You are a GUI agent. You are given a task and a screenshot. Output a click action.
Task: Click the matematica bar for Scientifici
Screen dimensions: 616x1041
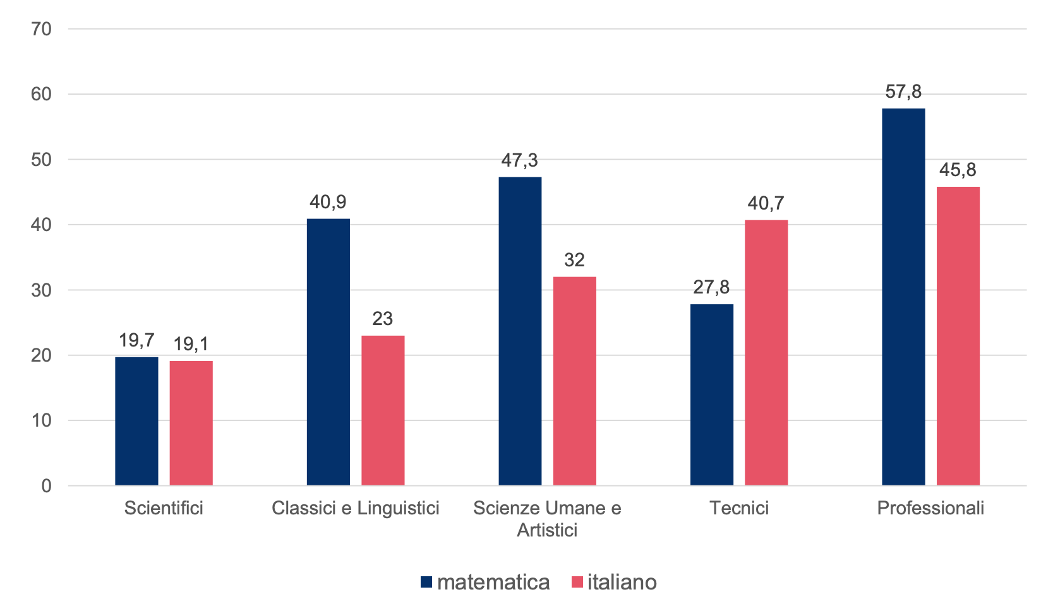(x=136, y=421)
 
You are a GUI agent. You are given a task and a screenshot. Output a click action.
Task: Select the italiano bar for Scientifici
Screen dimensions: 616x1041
(x=191, y=423)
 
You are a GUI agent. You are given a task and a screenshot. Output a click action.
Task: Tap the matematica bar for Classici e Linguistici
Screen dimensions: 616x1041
(x=328, y=352)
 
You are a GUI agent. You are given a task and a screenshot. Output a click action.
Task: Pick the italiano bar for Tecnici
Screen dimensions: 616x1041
(x=766, y=352)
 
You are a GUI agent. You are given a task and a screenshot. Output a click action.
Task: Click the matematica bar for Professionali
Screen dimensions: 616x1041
(x=903, y=297)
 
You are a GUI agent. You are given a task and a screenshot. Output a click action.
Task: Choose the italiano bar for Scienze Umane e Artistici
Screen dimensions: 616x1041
(x=574, y=381)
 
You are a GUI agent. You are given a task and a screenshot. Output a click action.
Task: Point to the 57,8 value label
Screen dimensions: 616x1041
(x=903, y=92)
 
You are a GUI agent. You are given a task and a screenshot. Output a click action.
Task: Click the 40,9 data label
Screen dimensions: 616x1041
(x=328, y=202)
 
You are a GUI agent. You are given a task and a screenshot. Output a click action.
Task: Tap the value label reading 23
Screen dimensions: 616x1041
(x=383, y=319)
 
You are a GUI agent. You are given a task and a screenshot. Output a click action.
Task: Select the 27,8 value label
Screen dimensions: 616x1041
(x=711, y=288)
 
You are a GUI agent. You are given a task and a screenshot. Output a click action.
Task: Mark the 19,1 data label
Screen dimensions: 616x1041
(x=191, y=344)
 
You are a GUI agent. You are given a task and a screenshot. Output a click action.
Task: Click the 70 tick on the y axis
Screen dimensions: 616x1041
(x=42, y=29)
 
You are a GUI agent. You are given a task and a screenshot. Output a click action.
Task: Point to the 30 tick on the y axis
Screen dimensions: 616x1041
(x=42, y=290)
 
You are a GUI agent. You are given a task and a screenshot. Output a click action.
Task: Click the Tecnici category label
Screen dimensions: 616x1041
(x=739, y=508)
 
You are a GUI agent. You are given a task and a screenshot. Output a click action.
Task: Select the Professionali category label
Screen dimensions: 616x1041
(x=930, y=508)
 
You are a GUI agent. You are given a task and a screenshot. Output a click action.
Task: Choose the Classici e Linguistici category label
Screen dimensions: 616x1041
(x=355, y=508)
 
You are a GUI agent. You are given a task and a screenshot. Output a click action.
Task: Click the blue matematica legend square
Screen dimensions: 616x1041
(x=426, y=582)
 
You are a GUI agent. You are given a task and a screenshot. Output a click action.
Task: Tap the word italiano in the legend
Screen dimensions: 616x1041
(x=622, y=582)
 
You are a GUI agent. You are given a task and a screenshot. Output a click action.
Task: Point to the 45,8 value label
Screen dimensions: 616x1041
(x=958, y=170)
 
